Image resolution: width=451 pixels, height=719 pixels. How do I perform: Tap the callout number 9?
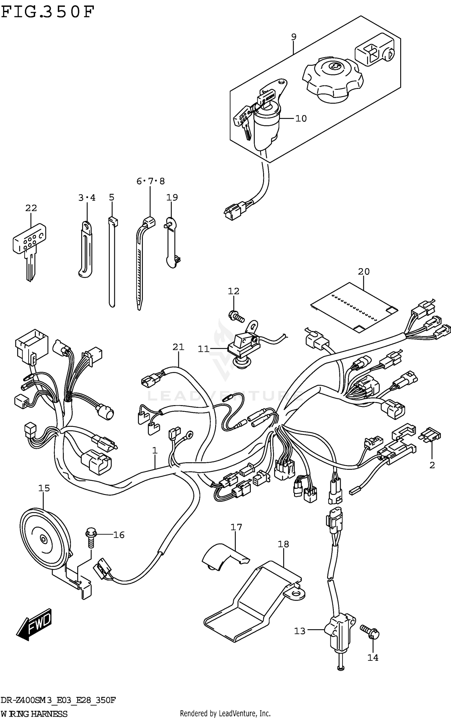click(293, 37)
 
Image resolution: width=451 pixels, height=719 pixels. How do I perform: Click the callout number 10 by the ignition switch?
click(301, 119)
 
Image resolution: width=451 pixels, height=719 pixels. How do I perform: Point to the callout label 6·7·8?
click(150, 181)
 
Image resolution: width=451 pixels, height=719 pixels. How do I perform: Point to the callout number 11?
click(203, 349)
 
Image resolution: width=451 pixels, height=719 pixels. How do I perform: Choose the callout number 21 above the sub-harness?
click(178, 347)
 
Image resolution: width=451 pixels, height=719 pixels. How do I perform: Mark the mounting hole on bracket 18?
click(296, 594)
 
